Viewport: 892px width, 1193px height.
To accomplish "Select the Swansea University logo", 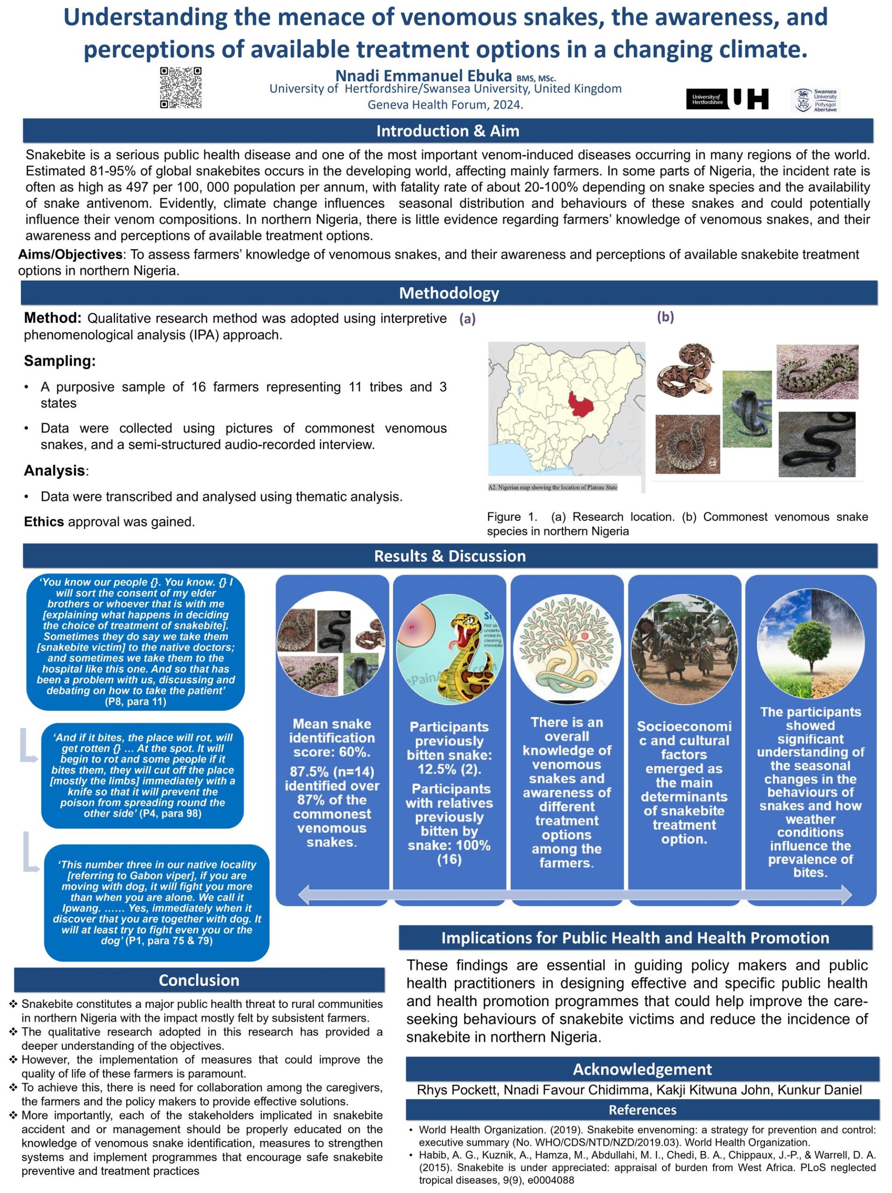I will point(815,100).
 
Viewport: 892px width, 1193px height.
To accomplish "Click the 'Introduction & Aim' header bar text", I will point(447,131).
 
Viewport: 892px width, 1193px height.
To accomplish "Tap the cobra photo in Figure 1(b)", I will point(747,409).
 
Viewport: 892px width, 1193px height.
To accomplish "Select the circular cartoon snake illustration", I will point(450,649).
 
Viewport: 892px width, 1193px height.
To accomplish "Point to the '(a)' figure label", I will point(467,319).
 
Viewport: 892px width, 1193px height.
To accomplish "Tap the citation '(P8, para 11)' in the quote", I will point(135,702).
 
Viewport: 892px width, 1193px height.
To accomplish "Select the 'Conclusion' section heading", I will point(199,980).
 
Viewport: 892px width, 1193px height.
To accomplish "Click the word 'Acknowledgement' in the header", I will point(642,1069).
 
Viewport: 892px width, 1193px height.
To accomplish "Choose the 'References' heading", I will point(642,1110).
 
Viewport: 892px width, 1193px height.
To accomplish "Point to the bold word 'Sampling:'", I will point(59,361).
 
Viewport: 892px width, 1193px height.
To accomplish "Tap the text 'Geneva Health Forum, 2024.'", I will point(445,105).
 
